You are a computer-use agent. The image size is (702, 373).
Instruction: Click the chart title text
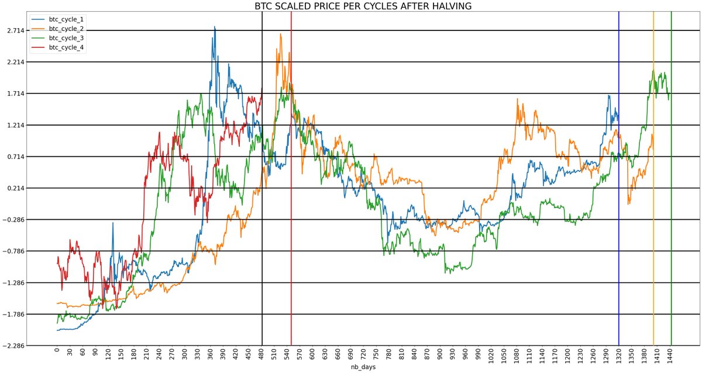click(363, 6)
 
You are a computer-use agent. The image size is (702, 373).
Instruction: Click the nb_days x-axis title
click(363, 367)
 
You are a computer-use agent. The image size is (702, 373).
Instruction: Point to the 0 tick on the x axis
click(57, 354)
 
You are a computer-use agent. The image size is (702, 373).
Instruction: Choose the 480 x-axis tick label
click(261, 354)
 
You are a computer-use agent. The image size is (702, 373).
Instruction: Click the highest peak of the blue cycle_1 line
click(215, 27)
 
